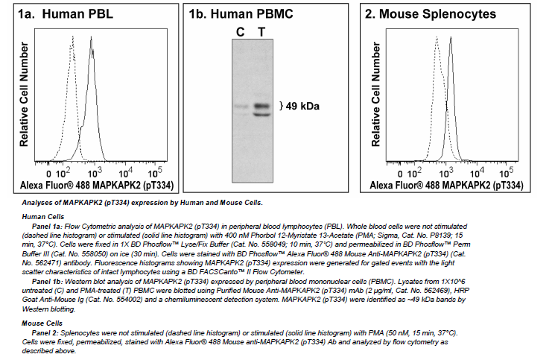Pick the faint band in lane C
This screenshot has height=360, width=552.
[241, 107]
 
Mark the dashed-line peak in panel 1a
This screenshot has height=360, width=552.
[72, 36]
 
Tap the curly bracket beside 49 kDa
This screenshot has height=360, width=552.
[280, 106]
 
